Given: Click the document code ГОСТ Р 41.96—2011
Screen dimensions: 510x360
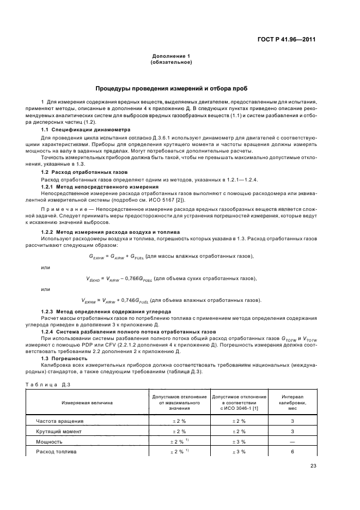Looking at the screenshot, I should point(286,39).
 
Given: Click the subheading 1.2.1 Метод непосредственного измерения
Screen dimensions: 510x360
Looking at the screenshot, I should point(93,186).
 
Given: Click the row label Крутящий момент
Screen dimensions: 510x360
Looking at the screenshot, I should point(59,431).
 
